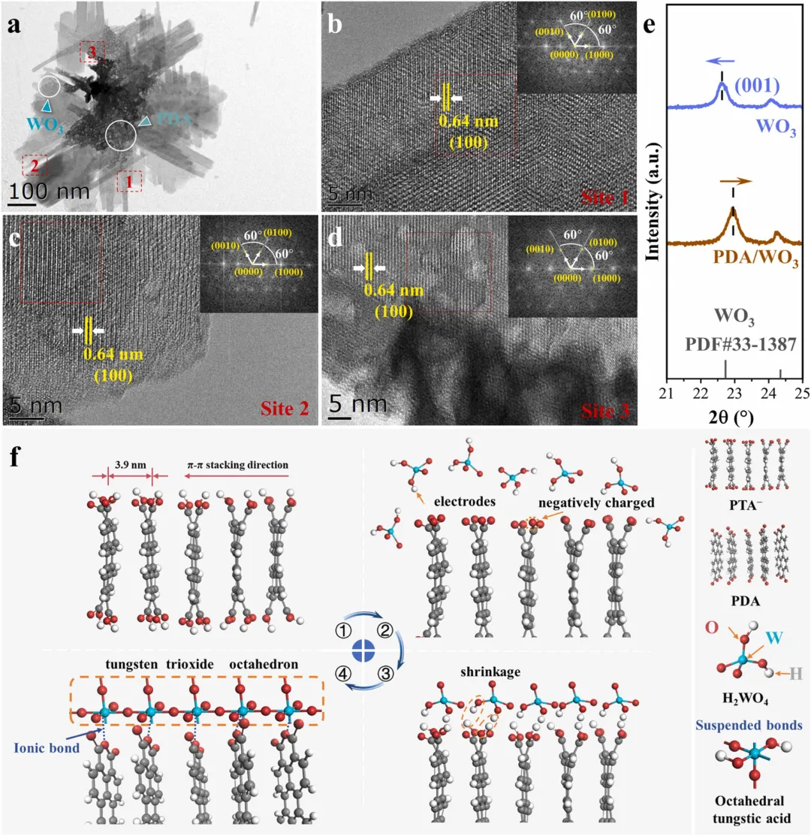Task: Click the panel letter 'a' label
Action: pyautogui.click(x=14, y=26)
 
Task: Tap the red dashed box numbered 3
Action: pyautogui.click(x=92, y=51)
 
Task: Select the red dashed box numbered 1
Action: pyautogui.click(x=129, y=180)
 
